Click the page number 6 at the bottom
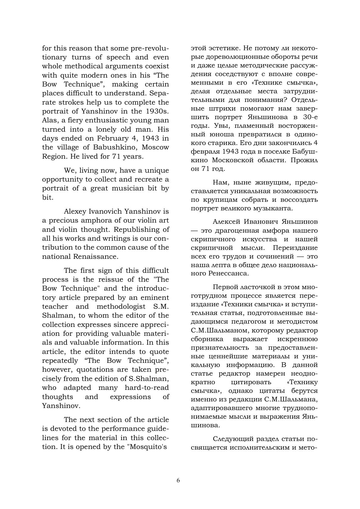pos(178,480)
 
